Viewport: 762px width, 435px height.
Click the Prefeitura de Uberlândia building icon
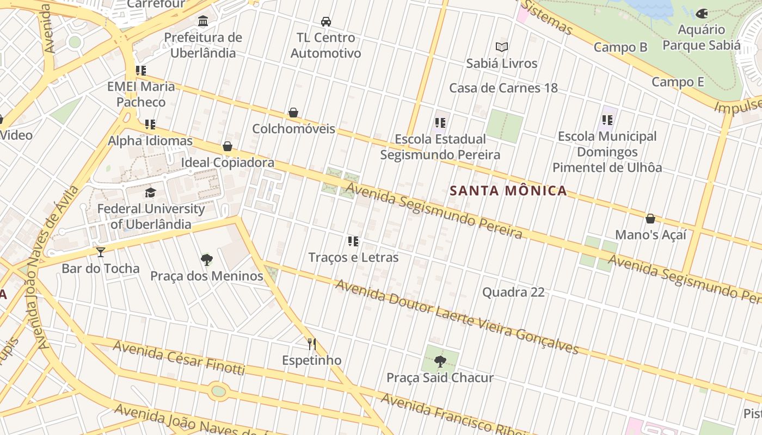click(203, 21)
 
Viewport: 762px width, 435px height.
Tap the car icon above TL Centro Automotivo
click(325, 22)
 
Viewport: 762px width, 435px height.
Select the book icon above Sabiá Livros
click(501, 47)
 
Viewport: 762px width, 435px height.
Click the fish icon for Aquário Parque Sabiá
click(702, 14)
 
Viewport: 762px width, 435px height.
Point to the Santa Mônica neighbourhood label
click(508, 191)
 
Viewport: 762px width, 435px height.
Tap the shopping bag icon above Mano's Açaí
click(650, 219)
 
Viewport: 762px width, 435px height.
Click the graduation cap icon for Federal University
click(150, 192)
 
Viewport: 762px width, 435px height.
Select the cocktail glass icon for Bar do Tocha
click(100, 252)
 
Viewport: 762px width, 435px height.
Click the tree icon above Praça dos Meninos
click(206, 259)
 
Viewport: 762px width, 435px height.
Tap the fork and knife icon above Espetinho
click(311, 344)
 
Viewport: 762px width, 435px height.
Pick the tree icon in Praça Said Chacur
click(440, 361)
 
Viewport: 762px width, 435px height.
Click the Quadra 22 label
click(513, 292)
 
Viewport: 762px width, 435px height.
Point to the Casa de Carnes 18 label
click(503, 88)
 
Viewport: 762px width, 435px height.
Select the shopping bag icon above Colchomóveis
click(293, 113)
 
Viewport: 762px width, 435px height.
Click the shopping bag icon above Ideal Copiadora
click(228, 146)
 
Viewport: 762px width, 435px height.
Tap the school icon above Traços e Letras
click(353, 241)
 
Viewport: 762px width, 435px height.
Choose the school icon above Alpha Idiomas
click(150, 125)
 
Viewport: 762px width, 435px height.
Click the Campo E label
click(678, 82)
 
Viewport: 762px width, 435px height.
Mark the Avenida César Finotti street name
click(179, 358)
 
